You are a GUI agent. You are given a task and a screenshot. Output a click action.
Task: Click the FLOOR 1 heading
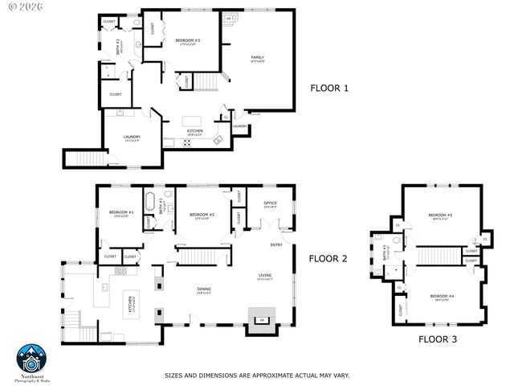tap(329, 88)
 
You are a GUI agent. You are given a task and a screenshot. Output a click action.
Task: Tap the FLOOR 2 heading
tap(328, 258)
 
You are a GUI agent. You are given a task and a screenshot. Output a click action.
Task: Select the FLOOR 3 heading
tap(437, 339)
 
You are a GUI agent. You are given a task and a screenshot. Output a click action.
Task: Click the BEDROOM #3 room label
tap(187, 41)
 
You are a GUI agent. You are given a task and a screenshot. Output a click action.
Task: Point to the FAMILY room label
tap(258, 58)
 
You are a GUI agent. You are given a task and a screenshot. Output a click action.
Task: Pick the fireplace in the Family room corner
tap(229, 18)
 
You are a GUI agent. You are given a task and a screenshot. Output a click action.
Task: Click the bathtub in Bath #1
tap(149, 200)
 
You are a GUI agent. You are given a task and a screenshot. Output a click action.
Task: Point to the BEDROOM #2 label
tap(201, 215)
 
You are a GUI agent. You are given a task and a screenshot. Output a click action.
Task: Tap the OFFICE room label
tap(270, 204)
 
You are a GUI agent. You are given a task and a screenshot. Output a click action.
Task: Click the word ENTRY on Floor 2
tap(275, 245)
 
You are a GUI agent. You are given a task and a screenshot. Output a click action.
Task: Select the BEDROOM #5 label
tap(439, 216)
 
